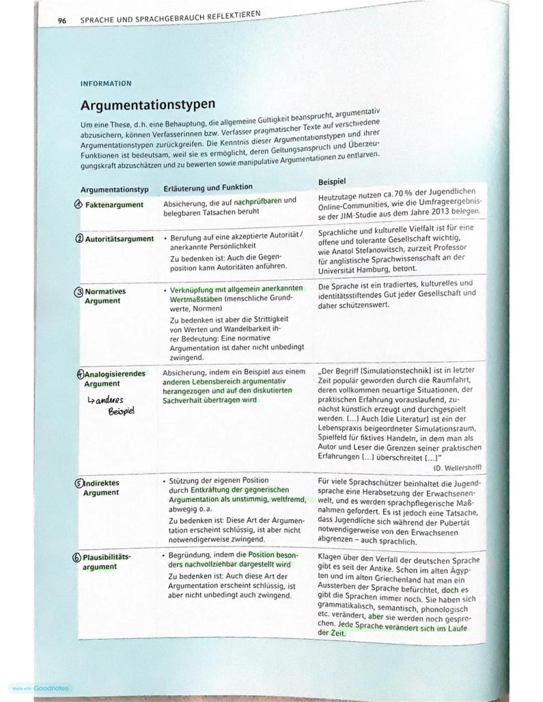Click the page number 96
tap(62, 20)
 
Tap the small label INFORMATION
tap(106, 84)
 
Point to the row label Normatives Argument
tap(105, 296)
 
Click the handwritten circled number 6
tap(77, 557)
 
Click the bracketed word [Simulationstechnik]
tap(392, 370)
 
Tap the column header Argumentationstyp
tap(114, 189)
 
